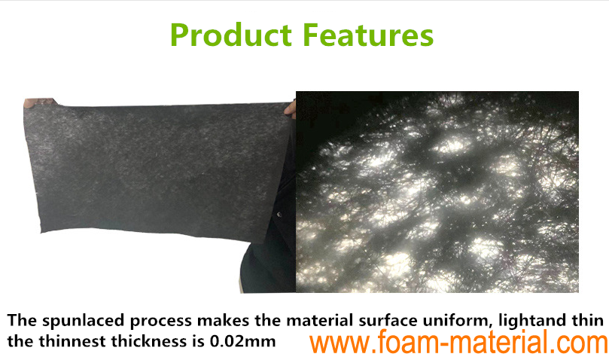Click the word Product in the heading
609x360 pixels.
click(231, 35)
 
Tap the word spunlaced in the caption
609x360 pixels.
click(84, 321)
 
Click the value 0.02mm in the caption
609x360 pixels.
click(242, 341)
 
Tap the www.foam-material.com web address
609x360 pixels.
click(458, 341)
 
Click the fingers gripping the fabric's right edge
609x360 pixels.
click(290, 108)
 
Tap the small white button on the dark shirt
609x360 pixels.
click(279, 214)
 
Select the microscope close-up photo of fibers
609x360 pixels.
click(437, 191)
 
